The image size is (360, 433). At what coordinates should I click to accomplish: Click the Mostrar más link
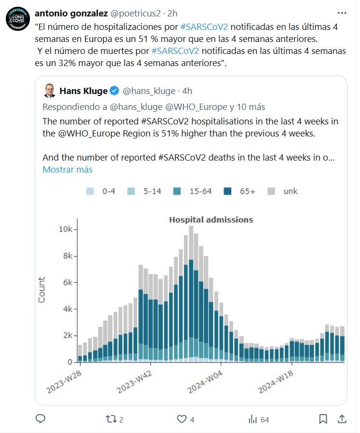(x=68, y=170)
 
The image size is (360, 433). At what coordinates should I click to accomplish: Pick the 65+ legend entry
(x=242, y=191)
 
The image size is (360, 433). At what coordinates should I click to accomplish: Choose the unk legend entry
(x=285, y=191)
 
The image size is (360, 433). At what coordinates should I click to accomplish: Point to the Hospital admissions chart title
(x=211, y=220)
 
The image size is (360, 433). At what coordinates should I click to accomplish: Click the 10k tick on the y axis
(x=66, y=230)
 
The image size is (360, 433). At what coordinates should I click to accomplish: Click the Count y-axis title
(x=42, y=290)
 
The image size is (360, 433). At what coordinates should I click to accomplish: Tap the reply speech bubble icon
(x=41, y=419)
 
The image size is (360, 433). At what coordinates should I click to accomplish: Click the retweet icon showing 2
(x=111, y=419)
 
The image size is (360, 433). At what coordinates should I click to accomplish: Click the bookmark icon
(x=323, y=419)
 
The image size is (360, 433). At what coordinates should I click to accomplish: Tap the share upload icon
(x=341, y=419)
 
